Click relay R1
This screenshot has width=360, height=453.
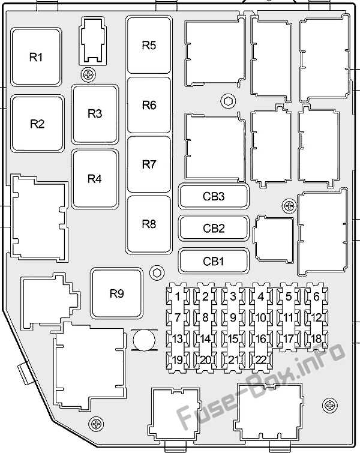pos(36,57)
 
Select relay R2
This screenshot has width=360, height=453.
pos(37,124)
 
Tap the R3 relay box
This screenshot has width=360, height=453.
pos(95,114)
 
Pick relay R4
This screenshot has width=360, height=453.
pos(95,179)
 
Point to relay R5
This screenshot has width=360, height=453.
pos(149,45)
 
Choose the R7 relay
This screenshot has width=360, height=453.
pos(149,164)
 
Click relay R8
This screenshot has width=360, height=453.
pos(149,224)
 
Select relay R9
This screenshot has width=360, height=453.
pos(117,293)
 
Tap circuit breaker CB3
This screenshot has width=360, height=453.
pos(214,196)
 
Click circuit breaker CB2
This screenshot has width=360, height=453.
pos(214,229)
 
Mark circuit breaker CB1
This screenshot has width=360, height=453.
pos(214,261)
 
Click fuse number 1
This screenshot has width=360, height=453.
pos(178,296)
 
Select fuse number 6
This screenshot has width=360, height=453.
pos(316,296)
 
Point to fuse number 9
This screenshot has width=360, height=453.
pos(233,317)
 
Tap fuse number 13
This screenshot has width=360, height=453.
pos(178,338)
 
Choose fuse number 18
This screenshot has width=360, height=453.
pos(316,338)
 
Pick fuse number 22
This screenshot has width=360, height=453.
pos(261,360)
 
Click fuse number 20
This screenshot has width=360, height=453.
pos(205,360)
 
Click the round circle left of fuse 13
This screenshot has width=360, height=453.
pos(144,340)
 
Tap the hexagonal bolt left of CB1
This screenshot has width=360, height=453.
pos(157,273)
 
